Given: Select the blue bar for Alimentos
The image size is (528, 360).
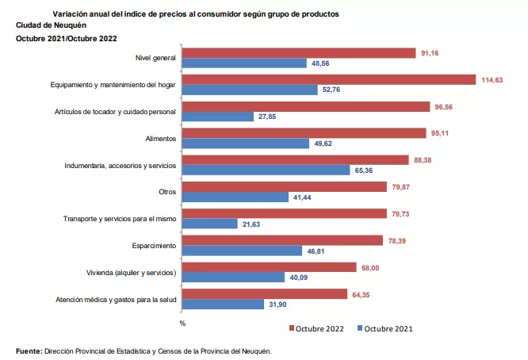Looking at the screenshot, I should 246,144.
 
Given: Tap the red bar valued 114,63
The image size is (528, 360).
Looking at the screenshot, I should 329,79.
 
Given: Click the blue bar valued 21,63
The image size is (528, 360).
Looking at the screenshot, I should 210,224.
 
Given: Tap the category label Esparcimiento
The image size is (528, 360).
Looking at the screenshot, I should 154,245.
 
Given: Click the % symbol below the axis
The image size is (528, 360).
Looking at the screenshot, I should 182,323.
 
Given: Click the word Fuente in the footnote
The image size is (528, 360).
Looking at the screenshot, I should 29,350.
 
